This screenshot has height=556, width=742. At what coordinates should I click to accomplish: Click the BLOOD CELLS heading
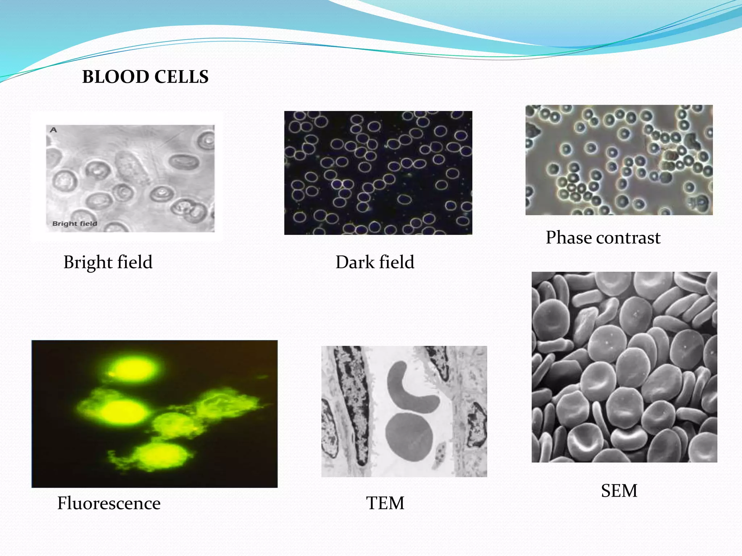(x=145, y=77)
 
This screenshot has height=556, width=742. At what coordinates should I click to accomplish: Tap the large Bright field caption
(x=108, y=262)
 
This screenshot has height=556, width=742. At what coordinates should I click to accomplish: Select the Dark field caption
(x=375, y=262)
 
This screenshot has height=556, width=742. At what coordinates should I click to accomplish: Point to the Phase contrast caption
(x=603, y=238)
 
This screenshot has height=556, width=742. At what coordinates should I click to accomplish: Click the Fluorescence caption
(x=109, y=503)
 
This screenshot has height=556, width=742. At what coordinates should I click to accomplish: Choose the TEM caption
(x=385, y=503)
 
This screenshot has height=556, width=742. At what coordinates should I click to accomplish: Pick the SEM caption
(x=619, y=491)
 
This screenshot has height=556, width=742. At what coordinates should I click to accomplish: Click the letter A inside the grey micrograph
(x=54, y=130)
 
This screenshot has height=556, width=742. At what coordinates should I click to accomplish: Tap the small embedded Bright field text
(x=75, y=224)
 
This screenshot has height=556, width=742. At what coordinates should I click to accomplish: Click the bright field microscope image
(x=130, y=178)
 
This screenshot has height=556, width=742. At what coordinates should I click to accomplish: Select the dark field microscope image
(x=378, y=173)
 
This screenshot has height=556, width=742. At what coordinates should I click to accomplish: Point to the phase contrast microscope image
(x=619, y=160)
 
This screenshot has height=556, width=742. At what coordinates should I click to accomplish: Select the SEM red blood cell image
(x=624, y=367)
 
